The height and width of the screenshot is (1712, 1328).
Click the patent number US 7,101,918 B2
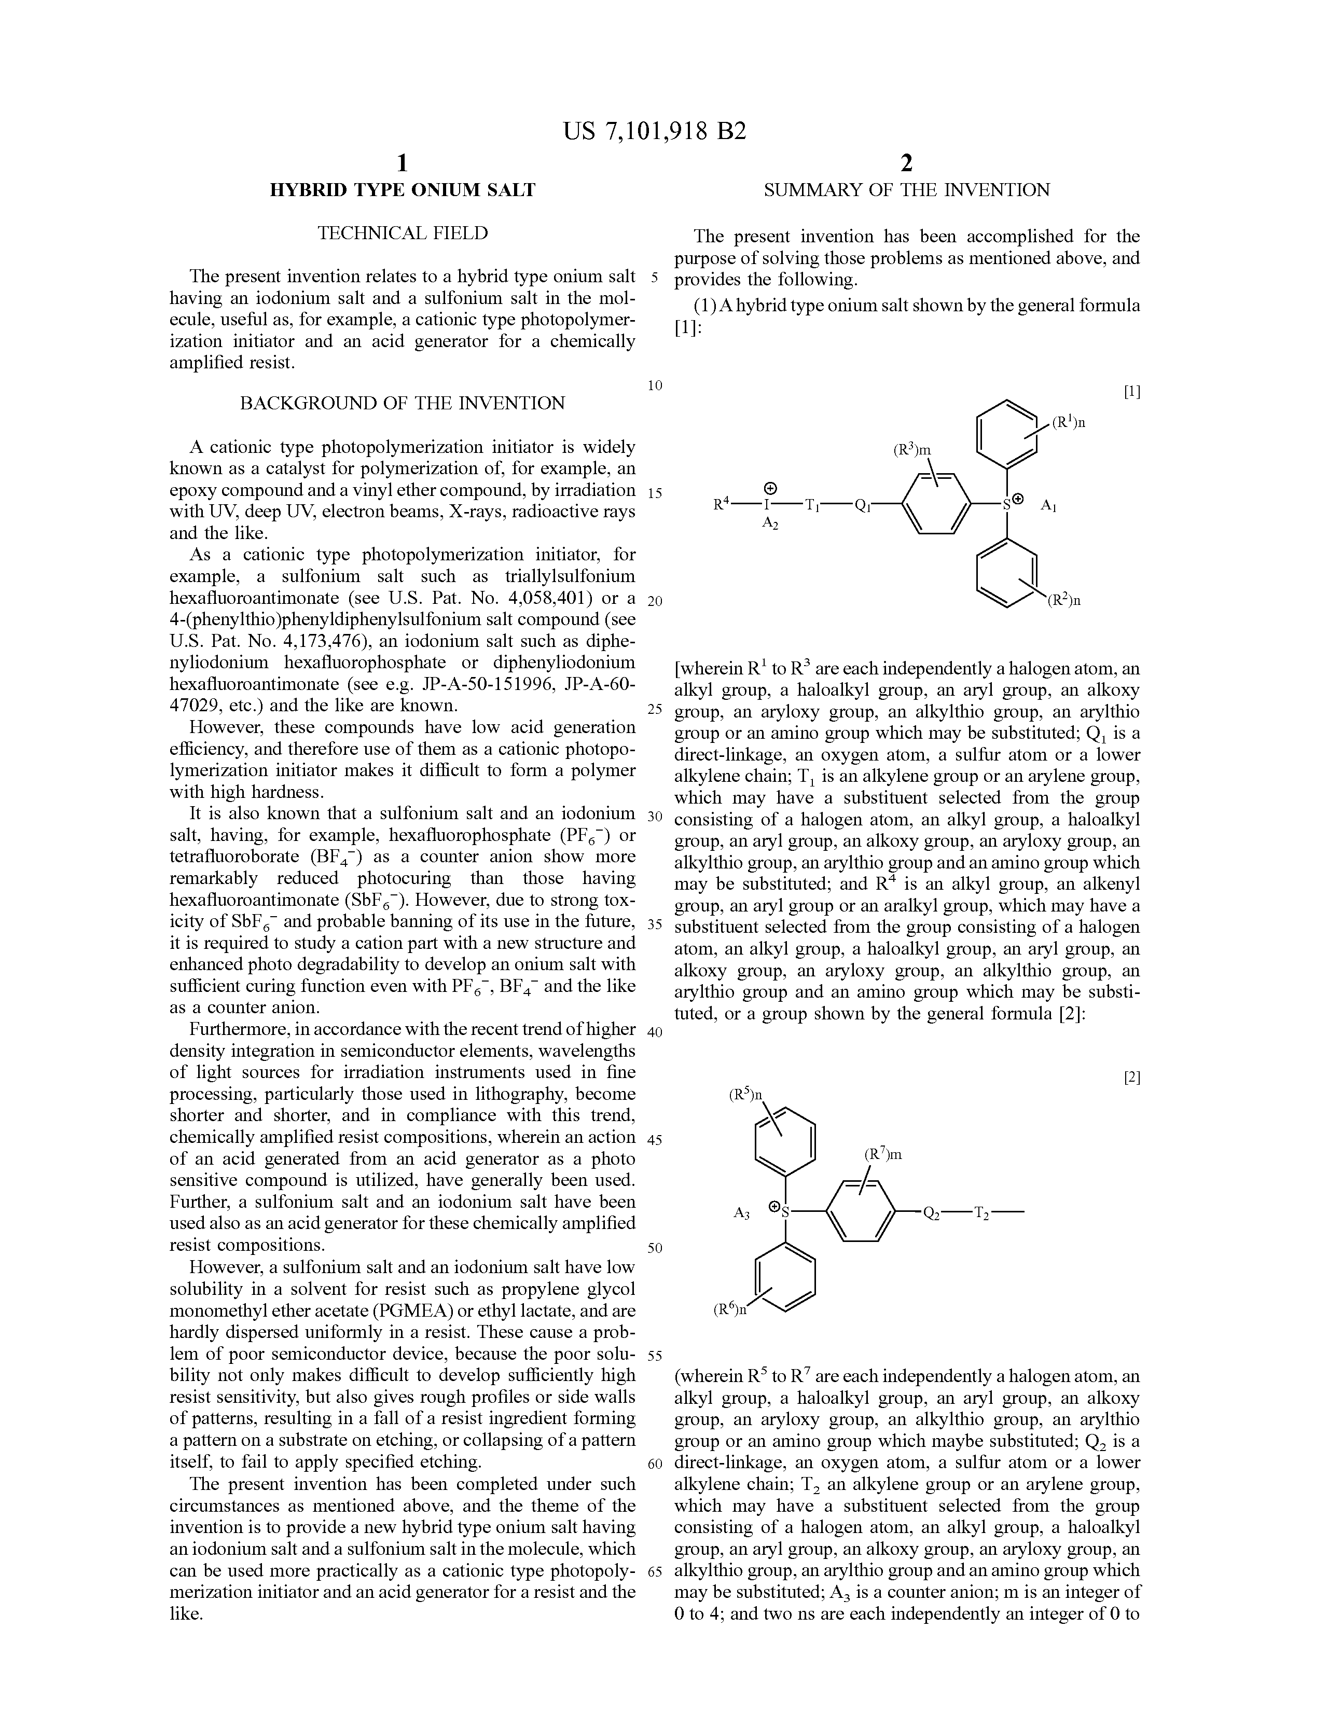[655, 131]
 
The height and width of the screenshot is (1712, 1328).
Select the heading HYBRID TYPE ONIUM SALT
[402, 190]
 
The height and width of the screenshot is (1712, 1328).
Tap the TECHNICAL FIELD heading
[402, 233]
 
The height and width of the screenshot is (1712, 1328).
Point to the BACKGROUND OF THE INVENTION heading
[402, 403]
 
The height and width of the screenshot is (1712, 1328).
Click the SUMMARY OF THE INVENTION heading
[906, 190]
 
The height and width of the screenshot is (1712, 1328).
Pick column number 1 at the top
[402, 163]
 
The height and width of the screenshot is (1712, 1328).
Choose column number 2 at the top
[906, 163]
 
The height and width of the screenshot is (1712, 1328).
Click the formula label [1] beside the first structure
[1131, 392]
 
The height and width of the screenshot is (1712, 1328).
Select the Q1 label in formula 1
[863, 506]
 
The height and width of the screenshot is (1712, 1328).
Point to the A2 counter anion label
[770, 523]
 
